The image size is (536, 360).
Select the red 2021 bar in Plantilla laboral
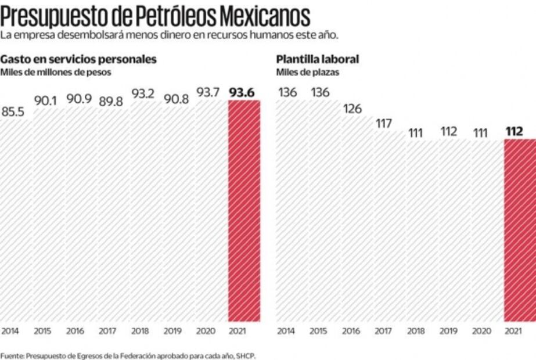520,230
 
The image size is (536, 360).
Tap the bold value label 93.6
244,92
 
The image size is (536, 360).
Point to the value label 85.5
13,112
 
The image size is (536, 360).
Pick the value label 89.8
111,101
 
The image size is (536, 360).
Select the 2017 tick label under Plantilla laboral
382,331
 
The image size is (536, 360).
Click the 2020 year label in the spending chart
206,331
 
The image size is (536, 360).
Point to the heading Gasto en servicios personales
78,59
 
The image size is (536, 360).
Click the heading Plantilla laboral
318,59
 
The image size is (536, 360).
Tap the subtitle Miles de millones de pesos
55,73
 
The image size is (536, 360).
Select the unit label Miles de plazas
308,73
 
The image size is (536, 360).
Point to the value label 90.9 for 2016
78,99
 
